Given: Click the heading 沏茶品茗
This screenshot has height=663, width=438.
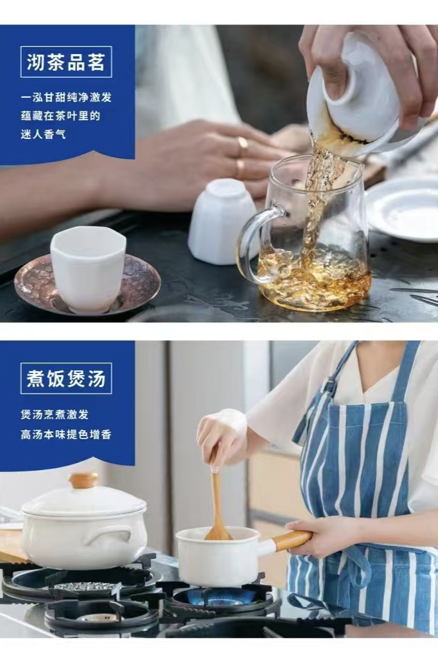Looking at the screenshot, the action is click(66, 62).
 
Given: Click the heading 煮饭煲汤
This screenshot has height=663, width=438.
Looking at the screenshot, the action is click(66, 378).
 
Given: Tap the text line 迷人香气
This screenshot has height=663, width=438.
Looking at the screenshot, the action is click(44, 135).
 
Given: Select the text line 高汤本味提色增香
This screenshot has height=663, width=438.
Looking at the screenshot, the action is click(66, 435).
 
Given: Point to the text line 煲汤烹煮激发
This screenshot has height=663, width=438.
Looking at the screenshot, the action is click(55, 414).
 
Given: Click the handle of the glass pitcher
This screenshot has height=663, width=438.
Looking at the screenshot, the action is click(252, 243).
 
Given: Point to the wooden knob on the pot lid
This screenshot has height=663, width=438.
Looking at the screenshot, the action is click(83, 480).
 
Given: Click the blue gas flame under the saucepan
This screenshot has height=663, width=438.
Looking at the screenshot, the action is click(221, 596).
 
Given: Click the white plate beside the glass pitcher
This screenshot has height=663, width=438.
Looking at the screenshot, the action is click(403, 209).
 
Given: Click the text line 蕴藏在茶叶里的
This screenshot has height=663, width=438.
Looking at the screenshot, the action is click(61, 116).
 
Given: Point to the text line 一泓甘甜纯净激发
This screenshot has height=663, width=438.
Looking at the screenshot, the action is click(66, 97).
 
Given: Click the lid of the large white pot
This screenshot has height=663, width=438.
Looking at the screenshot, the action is click(84, 499).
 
